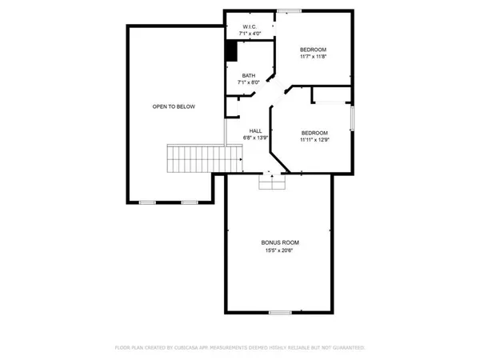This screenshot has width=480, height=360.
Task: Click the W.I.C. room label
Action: (x=248, y=27)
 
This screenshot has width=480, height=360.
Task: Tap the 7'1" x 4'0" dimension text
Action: (x=248, y=34)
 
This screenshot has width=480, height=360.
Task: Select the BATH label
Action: (x=250, y=75)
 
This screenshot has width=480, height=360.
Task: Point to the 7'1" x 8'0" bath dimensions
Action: (x=250, y=82)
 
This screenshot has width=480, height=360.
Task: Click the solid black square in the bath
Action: (x=231, y=51)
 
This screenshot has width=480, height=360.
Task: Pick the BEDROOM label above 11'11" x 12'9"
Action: (x=314, y=133)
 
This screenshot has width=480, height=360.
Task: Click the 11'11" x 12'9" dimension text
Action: (x=314, y=140)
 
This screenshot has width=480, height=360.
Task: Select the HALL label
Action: (x=255, y=131)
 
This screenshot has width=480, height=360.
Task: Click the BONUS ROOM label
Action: (x=279, y=242)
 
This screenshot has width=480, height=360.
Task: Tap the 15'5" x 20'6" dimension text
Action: (x=279, y=249)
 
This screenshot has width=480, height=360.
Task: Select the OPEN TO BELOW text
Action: (x=174, y=106)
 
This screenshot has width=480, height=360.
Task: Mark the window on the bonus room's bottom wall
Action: (x=279, y=311)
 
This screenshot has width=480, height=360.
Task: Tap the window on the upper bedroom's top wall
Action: (x=289, y=10)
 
